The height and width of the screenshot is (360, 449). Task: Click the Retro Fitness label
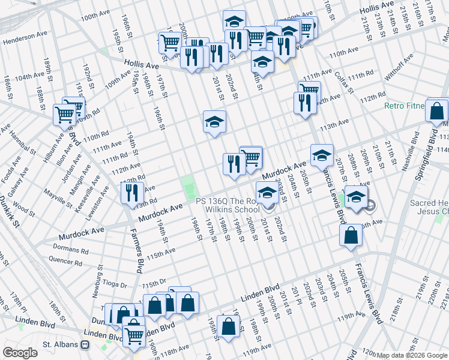[405, 106]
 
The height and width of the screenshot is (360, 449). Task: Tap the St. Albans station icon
[86, 345]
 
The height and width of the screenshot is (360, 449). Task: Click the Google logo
[20, 353]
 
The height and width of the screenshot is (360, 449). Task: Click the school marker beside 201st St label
[214, 123]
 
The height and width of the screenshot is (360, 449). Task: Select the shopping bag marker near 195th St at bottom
[228, 328]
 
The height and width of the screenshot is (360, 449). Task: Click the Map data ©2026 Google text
[412, 355]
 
